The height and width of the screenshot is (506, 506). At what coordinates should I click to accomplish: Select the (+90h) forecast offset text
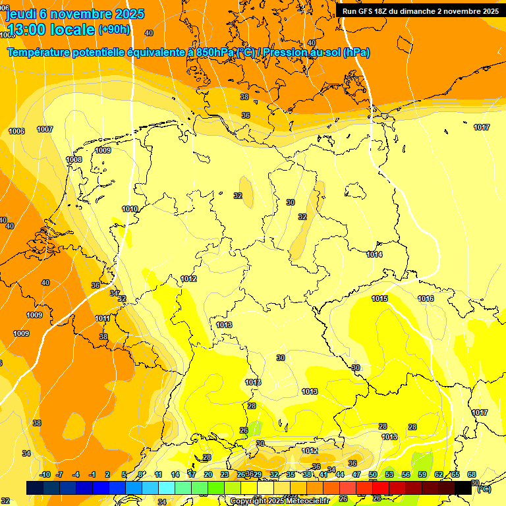(114, 30)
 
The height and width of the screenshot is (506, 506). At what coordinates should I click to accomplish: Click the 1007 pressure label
(45, 129)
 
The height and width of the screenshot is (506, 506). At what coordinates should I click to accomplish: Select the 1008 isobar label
(74, 159)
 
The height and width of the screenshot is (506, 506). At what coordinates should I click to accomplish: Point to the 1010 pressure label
(130, 209)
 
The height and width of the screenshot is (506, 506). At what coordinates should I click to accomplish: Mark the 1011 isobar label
(102, 318)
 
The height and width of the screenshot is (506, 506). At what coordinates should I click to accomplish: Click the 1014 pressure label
(375, 254)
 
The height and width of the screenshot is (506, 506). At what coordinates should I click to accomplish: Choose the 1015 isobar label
(379, 298)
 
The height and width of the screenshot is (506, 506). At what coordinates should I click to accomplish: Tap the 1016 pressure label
(426, 298)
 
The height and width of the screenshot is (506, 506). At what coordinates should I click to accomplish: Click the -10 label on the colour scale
(45, 474)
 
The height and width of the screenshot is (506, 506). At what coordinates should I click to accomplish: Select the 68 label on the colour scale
(472, 474)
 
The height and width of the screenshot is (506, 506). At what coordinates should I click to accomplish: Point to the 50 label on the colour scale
(373, 474)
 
